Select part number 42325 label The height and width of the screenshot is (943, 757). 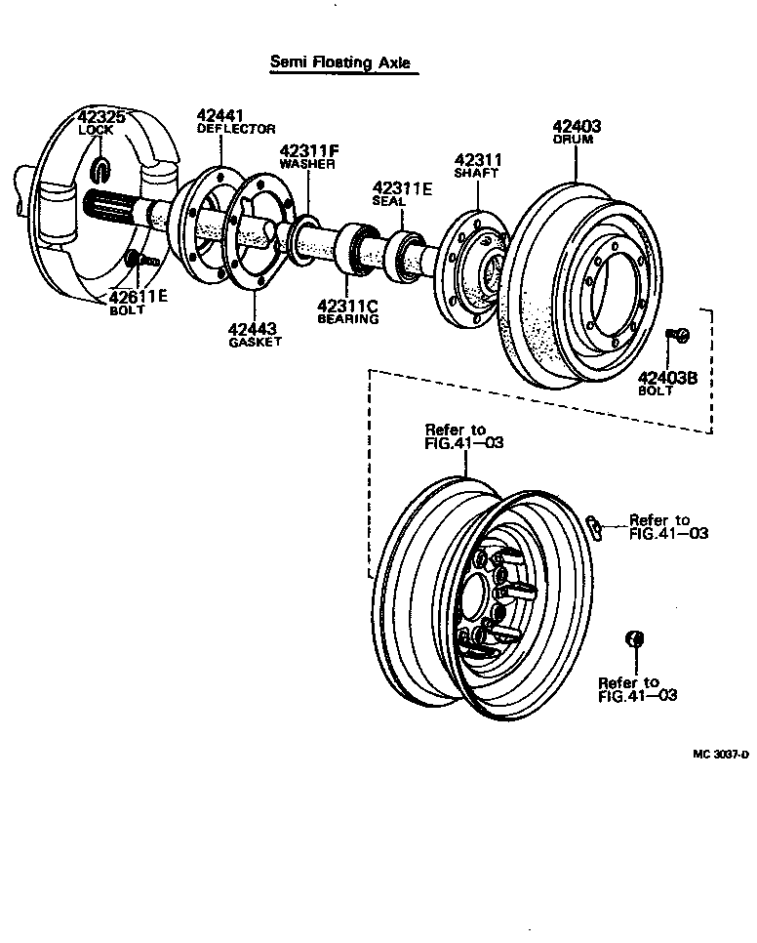pyautogui.click(x=101, y=118)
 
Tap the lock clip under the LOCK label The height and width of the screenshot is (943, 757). pyautogui.click(x=101, y=170)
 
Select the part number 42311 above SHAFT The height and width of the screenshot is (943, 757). pyautogui.click(x=477, y=159)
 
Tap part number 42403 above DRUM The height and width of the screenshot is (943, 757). pyautogui.click(x=577, y=126)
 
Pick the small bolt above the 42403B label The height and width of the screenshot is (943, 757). pyautogui.click(x=679, y=337)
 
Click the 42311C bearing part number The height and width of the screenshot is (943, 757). pyautogui.click(x=347, y=305)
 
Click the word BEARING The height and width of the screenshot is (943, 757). pyautogui.click(x=347, y=318)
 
